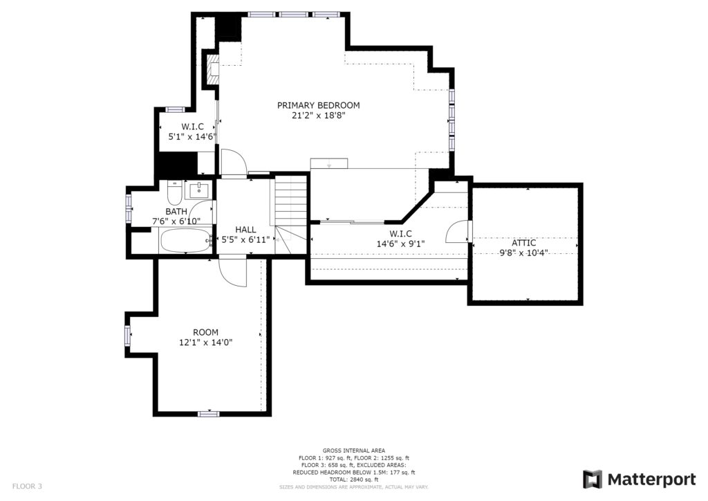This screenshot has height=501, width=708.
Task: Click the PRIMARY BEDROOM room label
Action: [x=318, y=105]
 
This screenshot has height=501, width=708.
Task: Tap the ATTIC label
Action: [x=524, y=243]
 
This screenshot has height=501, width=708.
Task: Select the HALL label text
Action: [x=245, y=230]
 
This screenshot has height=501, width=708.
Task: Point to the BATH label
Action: [x=176, y=212]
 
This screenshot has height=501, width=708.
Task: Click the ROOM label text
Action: [x=206, y=332]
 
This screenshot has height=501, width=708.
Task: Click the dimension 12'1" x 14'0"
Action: [x=206, y=343]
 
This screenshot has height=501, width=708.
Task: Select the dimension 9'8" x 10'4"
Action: [x=524, y=253]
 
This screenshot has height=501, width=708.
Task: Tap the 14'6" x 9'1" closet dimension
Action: [x=401, y=244]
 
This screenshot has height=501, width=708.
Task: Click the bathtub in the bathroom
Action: [x=185, y=241]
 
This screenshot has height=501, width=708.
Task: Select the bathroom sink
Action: [x=198, y=190]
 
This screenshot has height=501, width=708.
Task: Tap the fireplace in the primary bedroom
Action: [x=213, y=70]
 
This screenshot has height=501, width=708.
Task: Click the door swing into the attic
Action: [x=457, y=231]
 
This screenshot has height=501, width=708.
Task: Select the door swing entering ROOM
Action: [x=232, y=271]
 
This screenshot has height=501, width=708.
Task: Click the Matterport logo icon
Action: [x=592, y=480]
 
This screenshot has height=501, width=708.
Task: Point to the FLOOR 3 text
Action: [x=27, y=486]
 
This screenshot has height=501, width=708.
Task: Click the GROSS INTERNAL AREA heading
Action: [x=354, y=450]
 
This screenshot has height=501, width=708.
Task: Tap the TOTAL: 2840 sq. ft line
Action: [x=354, y=480]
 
